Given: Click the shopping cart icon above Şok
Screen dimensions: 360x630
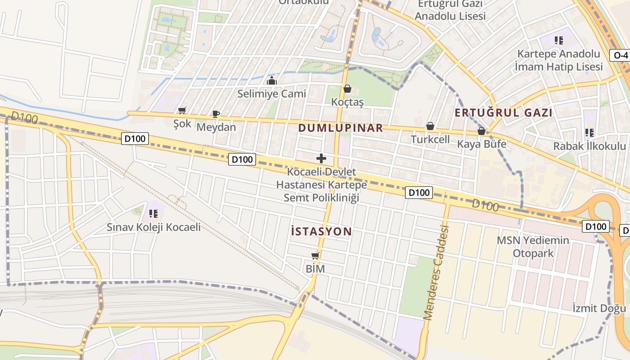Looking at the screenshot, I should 182,111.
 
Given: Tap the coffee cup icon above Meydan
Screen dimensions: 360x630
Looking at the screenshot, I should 216,114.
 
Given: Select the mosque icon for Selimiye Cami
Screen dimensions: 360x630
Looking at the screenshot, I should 272,81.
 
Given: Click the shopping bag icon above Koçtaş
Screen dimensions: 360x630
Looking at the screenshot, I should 347,89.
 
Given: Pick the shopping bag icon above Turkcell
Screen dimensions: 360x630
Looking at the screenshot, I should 430,126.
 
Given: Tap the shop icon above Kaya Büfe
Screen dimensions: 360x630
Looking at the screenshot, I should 481,131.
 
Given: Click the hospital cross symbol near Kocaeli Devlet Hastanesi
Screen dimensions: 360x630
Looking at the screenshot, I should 321,158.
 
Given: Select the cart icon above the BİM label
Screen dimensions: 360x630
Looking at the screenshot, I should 315,256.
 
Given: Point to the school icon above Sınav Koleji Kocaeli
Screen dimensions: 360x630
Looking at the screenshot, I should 153,213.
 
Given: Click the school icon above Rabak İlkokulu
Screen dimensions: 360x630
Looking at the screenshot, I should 589,133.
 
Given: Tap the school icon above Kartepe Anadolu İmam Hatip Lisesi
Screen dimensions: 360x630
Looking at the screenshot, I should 559,41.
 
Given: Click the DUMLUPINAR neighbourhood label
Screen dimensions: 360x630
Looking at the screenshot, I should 341,128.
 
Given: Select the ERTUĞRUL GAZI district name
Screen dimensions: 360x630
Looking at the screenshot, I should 503,112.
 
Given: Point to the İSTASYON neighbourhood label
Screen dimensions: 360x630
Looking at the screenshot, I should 321,232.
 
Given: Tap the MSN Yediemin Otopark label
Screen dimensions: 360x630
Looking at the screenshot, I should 533,247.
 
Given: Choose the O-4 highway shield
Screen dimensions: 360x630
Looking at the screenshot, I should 620,55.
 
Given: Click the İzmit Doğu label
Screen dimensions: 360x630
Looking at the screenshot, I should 598,308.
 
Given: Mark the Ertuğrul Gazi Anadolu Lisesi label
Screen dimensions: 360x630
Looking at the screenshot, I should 450,10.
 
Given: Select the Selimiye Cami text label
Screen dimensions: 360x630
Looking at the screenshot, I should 272,94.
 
